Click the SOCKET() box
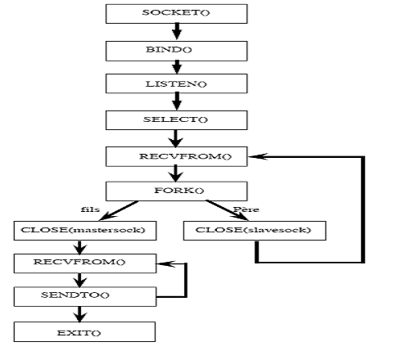click(x=177, y=14)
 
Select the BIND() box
click(x=177, y=51)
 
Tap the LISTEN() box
click(x=177, y=83)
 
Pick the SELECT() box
click(x=177, y=120)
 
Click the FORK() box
click(x=177, y=191)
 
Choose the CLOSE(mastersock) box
click(x=85, y=231)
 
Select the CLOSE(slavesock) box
click(x=255, y=231)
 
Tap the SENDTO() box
click(x=85, y=296)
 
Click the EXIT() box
click(x=84, y=331)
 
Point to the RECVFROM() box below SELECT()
click(x=177, y=156)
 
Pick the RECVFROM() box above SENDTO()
click(x=85, y=263)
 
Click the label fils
click(x=90, y=209)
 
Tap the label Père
click(x=246, y=209)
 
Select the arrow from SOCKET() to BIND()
click(x=177, y=32)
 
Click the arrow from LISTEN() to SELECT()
click(x=177, y=101)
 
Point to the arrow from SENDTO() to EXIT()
click(x=79, y=314)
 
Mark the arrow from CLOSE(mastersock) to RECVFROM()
click(x=79, y=247)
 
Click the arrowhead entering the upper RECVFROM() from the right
click(x=258, y=156)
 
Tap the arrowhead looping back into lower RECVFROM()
click(x=166, y=263)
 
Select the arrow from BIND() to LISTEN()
click(x=177, y=67)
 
